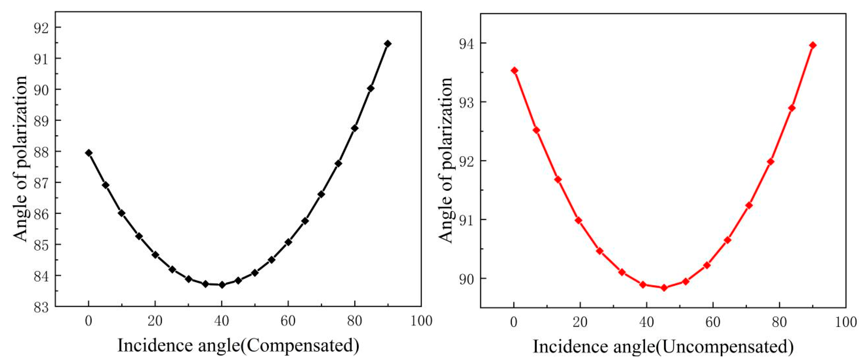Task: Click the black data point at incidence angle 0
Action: coord(89,153)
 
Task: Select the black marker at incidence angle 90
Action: coord(388,44)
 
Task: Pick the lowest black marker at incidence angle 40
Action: coord(222,285)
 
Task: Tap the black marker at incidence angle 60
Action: coord(288,242)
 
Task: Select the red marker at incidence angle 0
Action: coord(515,70)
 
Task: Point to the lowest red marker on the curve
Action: coord(664,287)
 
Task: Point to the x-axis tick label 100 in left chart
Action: coord(421,321)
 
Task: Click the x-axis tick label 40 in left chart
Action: coord(222,321)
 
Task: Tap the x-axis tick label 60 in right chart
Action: coord(713,322)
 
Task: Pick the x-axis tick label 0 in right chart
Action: coord(514,322)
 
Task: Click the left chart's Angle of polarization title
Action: coord(20,159)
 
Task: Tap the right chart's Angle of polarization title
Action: coord(445,160)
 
